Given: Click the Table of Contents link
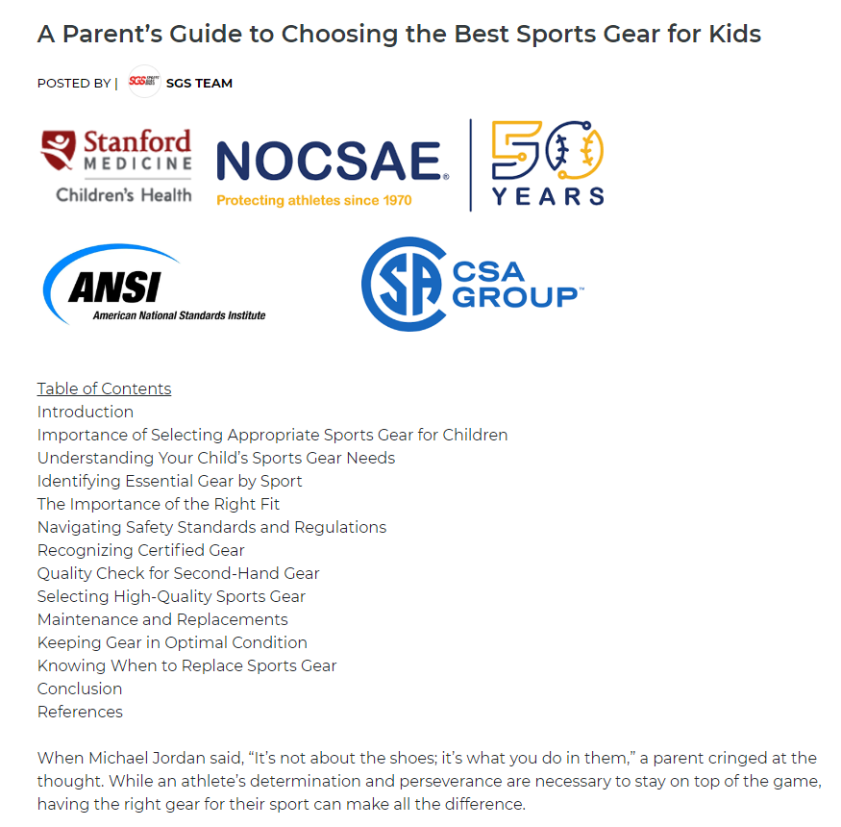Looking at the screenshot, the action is pos(104,388).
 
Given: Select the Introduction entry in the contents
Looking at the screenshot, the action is pos(86,412).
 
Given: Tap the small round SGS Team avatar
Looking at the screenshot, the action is pos(144,82).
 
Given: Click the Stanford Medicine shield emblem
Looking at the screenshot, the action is pos(59,150).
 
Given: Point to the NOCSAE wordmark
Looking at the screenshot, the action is pos(329,161).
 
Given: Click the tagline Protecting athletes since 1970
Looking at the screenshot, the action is pos(313,200).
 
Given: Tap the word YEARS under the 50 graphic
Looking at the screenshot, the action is pos(548,196).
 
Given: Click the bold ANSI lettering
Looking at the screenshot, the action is pos(114,288).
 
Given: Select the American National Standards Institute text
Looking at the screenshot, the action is pos(179,315).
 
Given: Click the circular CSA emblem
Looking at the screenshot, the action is pos(405,284).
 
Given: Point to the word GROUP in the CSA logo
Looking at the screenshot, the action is pos(515,297).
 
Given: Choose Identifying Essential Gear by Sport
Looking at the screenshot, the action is pos(169,481).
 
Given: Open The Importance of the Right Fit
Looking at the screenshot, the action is pos(159,504).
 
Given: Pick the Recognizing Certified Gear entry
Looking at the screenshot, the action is pos(140,550).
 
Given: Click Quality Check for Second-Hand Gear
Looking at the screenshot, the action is pos(178,573).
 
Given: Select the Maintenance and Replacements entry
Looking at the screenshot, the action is pos(162,619).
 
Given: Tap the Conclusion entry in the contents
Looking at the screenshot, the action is pos(80,689).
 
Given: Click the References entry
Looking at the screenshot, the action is pos(80,712).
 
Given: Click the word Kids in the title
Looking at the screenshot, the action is pos(735,34).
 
